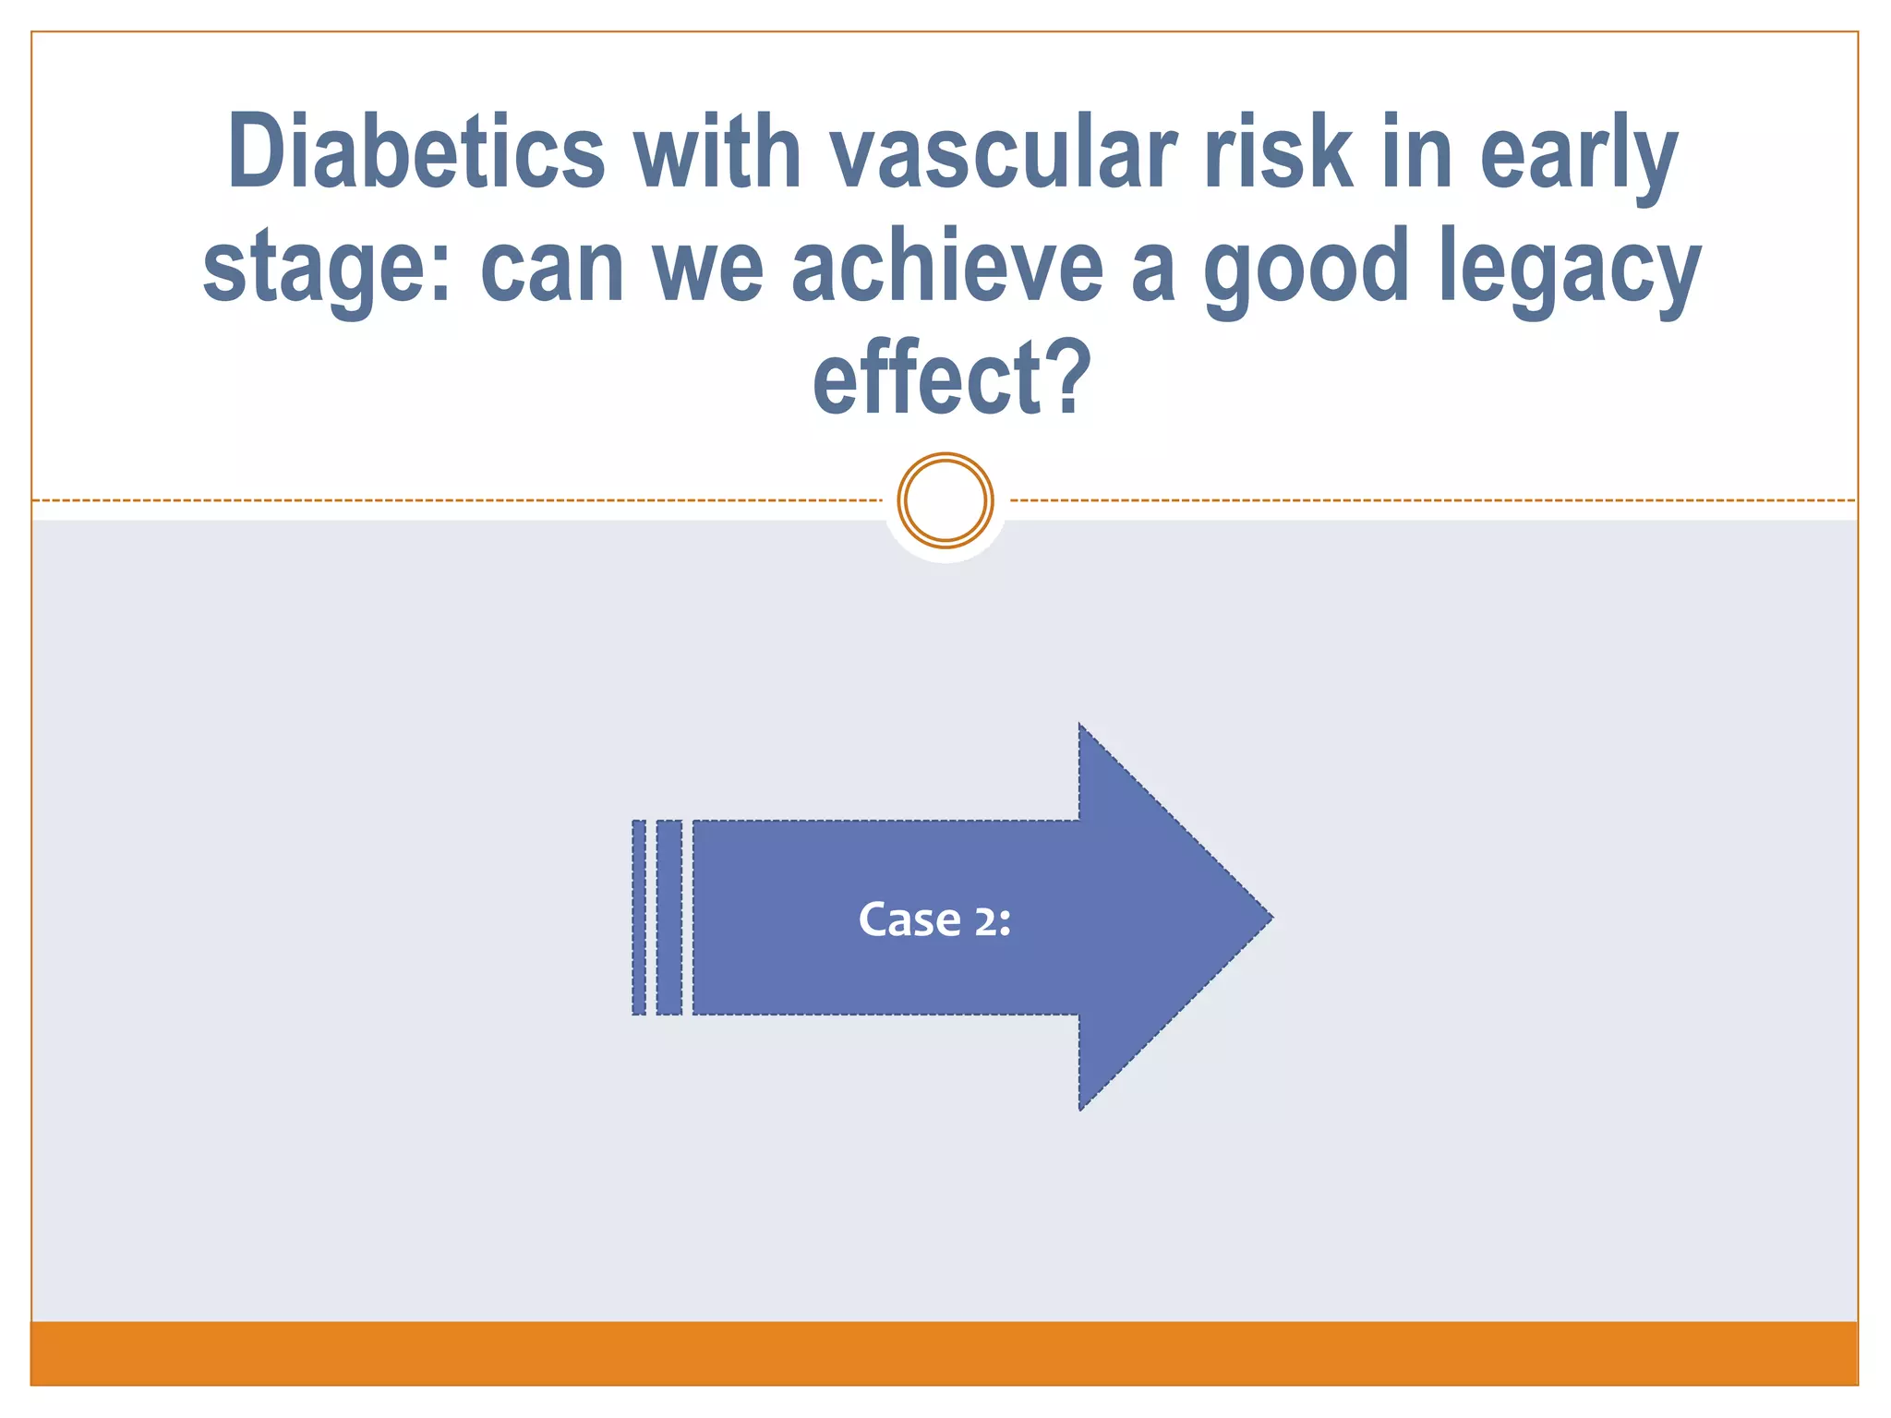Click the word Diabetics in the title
[416, 152]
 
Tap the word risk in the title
[1278, 152]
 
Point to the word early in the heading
[1578, 152]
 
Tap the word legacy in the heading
[1569, 268]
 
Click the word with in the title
[717, 152]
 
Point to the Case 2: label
[934, 919]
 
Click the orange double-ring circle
[945, 500]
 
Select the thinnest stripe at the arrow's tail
[639, 918]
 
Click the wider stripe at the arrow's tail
[669, 918]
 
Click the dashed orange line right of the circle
[1431, 500]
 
